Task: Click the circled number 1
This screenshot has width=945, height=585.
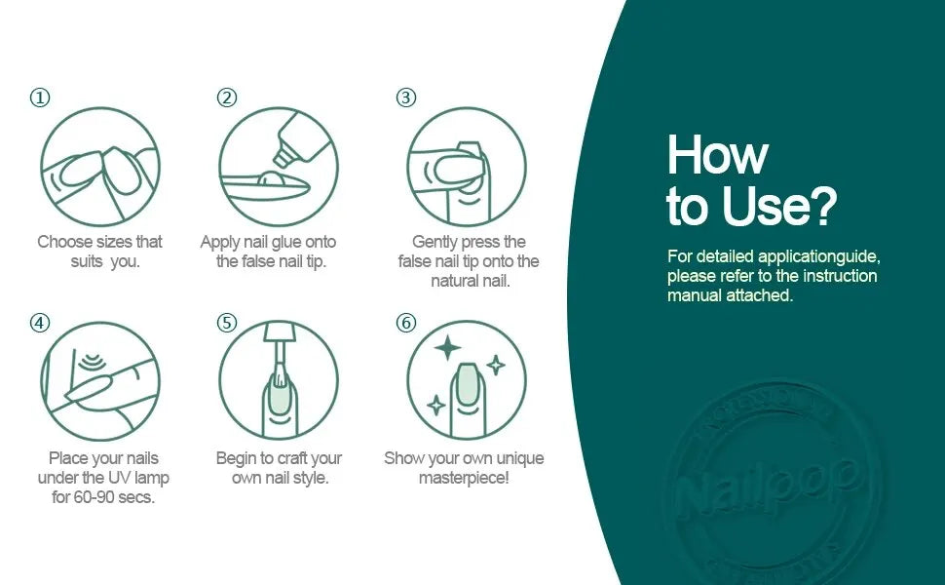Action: pos(40,97)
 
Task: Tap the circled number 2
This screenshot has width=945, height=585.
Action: pos(227,97)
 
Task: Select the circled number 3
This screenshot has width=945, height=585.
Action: pos(405,97)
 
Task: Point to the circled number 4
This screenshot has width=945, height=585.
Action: pos(40,324)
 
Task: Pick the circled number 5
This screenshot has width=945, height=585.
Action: pos(227,324)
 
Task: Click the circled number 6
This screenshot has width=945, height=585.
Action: pos(405,324)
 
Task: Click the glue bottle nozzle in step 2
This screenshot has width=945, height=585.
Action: pos(283,156)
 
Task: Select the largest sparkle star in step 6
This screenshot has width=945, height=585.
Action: pos(447,347)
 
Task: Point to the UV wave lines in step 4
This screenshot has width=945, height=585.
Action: pos(91,362)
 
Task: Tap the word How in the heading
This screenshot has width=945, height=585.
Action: pos(717,154)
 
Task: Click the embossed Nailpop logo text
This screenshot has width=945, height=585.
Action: pos(766,487)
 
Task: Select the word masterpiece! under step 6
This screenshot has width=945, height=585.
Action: pos(464,479)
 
